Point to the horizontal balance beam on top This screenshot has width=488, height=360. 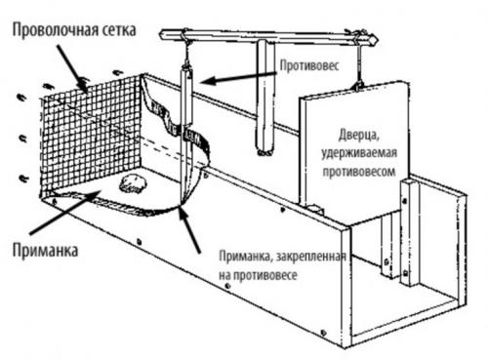coord(268,36)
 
